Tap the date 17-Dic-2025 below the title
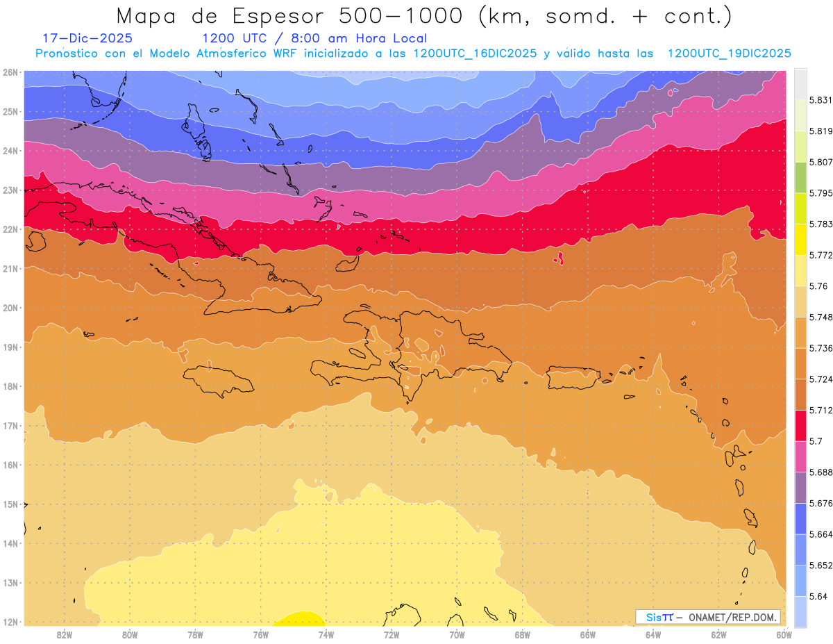[x=87, y=38]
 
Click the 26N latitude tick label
[x=10, y=72]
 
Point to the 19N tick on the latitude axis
[x=10, y=347]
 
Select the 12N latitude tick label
[x=10, y=622]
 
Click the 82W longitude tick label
[x=65, y=634]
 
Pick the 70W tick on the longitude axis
[x=457, y=634]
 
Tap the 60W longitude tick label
[x=784, y=634]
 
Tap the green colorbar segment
[x=800, y=177]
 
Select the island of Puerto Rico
[x=573, y=377]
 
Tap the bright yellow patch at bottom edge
[x=299, y=620]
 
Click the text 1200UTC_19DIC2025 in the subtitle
[x=729, y=53]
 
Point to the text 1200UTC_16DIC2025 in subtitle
[x=475, y=53]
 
